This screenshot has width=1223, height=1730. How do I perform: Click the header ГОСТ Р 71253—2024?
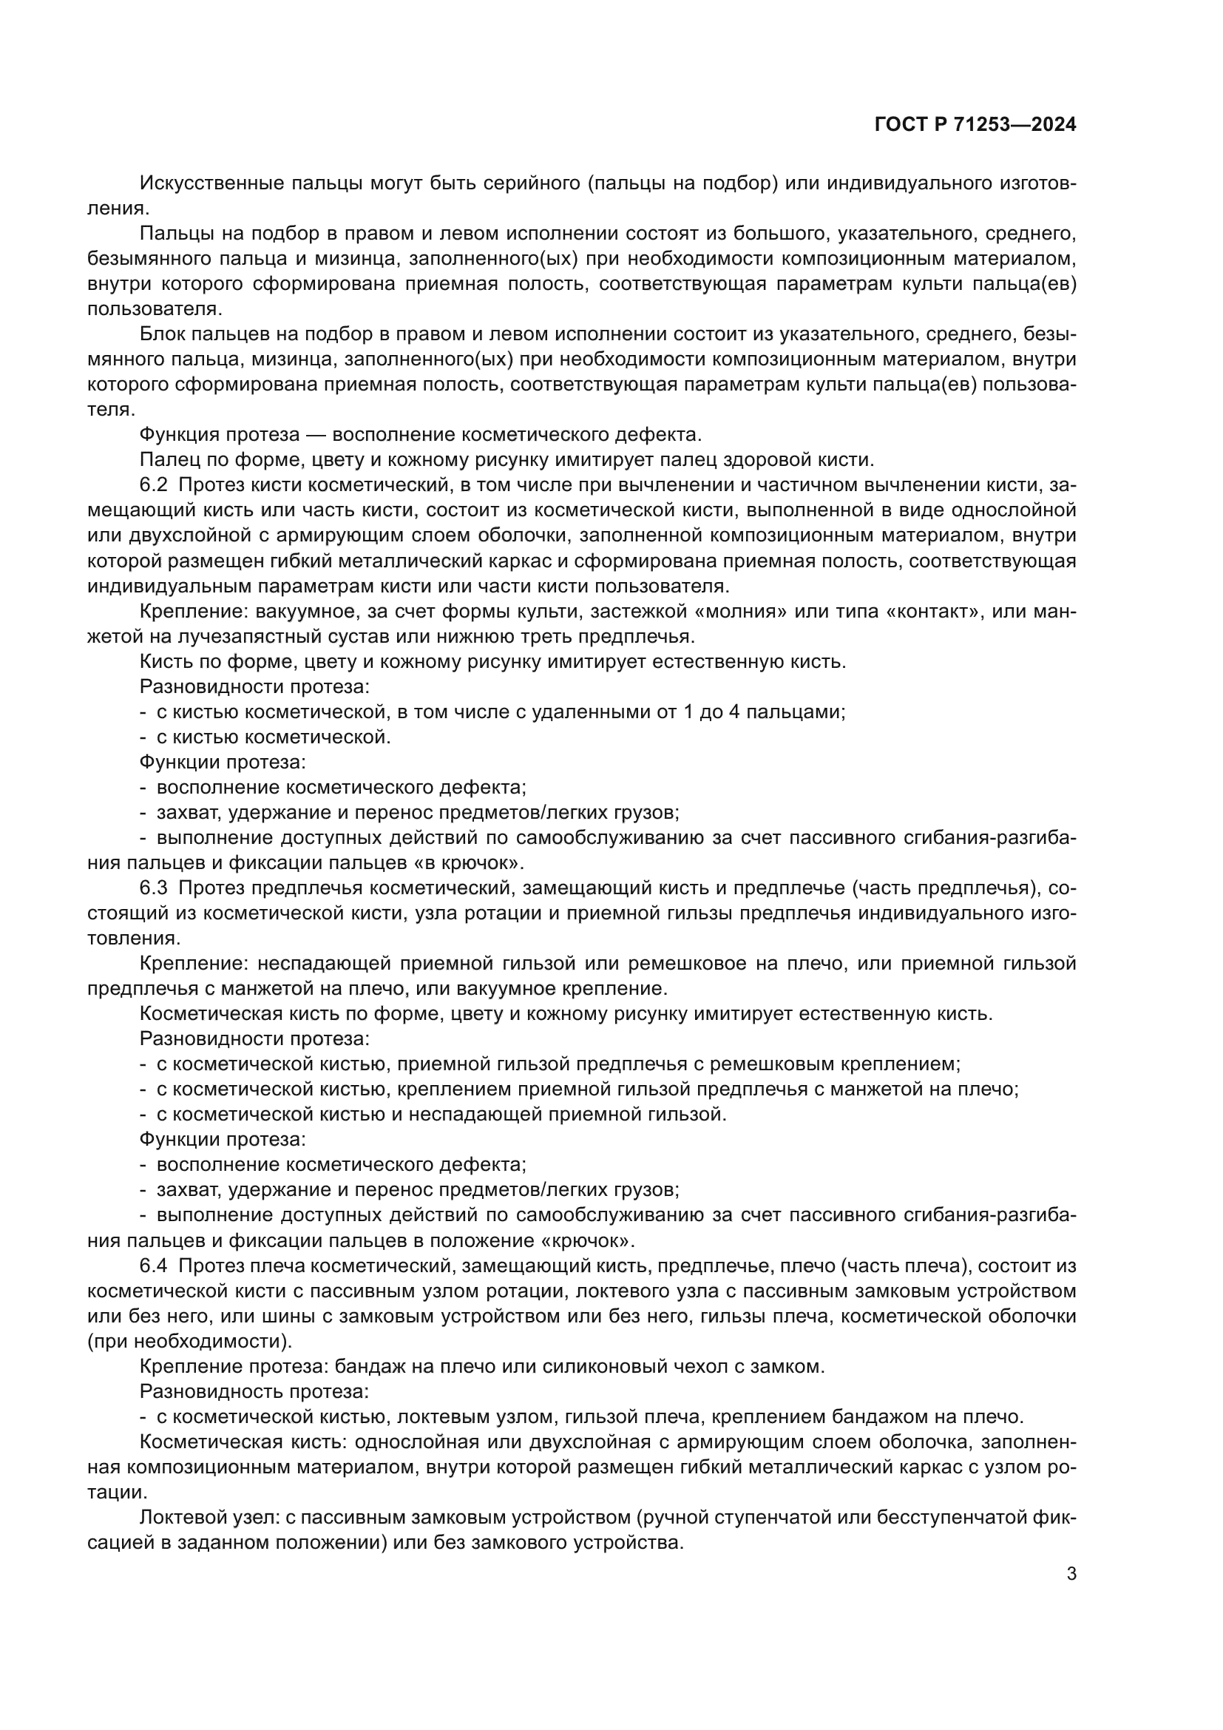975,125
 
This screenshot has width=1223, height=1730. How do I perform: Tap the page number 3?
1071,1574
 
